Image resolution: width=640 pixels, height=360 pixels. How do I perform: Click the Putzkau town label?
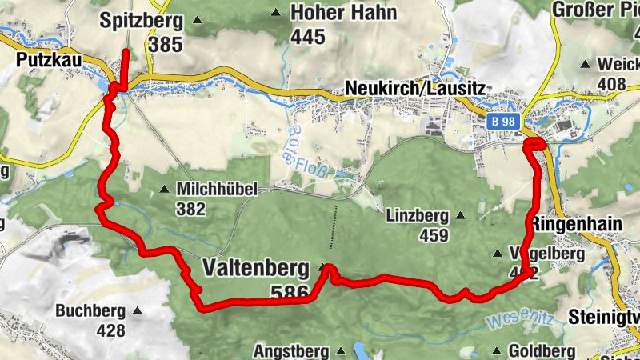pyautogui.click(x=46, y=59)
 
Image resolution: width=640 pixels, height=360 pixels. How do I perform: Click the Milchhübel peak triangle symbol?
pyautogui.click(x=164, y=190)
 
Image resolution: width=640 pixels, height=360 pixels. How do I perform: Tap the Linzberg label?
pyautogui.click(x=414, y=215)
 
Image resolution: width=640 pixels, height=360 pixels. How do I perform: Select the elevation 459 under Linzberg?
pyautogui.click(x=436, y=235)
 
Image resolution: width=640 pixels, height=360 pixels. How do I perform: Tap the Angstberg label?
pyautogui.click(x=291, y=351)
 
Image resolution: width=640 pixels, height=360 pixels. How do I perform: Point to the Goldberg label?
pyautogui.click(x=542, y=351)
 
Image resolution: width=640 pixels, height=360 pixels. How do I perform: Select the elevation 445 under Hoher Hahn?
pyautogui.click(x=308, y=36)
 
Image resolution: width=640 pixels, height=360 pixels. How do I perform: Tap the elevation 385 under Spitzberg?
pyautogui.click(x=166, y=44)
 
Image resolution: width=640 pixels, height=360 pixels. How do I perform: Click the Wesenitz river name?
pyautogui.click(x=521, y=318)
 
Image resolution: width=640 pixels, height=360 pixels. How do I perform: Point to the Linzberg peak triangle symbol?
pyautogui.click(x=460, y=215)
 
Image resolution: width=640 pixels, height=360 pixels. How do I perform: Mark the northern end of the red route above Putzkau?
pyautogui.click(x=126, y=52)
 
